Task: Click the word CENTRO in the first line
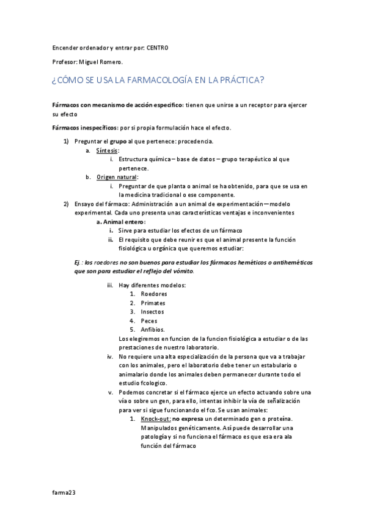[157, 48]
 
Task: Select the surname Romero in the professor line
[111, 62]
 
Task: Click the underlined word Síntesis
[108, 150]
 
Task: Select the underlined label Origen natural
[117, 177]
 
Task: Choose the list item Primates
[153, 303]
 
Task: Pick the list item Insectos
[152, 312]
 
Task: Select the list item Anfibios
[153, 329]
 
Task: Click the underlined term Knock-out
[155, 418]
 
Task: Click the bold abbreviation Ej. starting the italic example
[78, 262]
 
